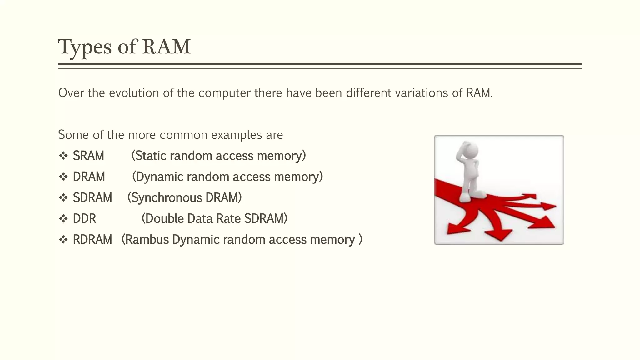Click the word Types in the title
[85, 47]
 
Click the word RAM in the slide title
[166, 47]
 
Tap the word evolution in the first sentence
[134, 93]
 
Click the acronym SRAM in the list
[88, 156]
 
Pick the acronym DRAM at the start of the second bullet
[89, 177]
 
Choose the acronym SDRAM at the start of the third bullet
[92, 197]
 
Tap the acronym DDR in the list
[84, 218]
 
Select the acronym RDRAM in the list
[92, 240]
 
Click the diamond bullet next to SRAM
[63, 156]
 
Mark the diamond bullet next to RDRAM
[63, 240]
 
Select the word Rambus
[146, 240]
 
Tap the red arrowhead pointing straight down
[500, 234]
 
